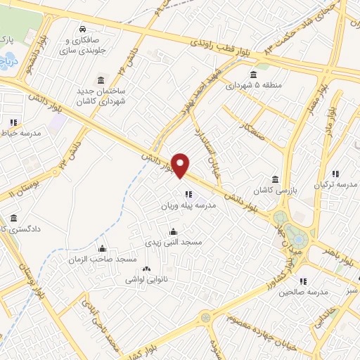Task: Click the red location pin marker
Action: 181,165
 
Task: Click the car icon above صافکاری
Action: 84,30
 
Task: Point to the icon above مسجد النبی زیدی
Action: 174,231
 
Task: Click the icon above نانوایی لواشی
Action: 146,269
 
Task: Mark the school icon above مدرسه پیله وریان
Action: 188,195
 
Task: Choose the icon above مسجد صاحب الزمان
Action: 103,248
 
